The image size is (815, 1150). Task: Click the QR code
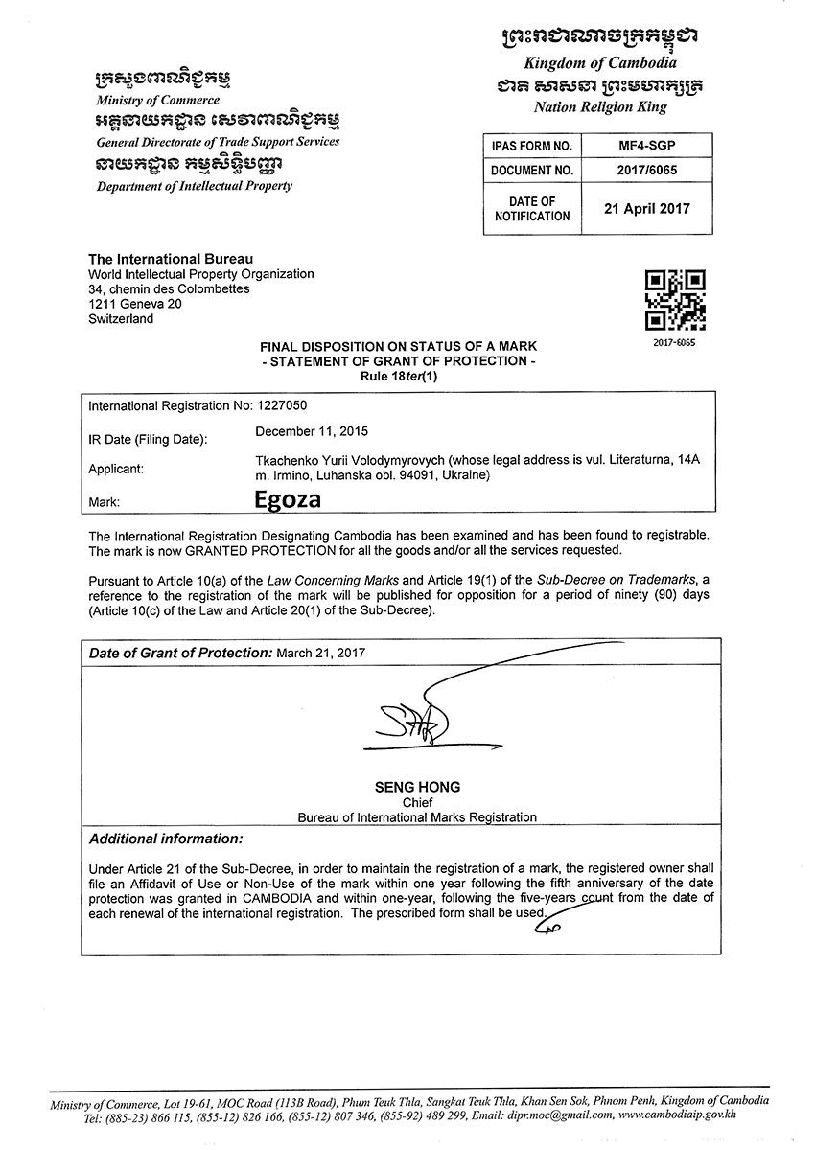click(675, 300)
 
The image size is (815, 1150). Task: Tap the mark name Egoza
click(287, 499)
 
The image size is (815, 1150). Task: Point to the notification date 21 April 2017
click(646, 208)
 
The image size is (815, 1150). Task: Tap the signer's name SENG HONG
click(417, 787)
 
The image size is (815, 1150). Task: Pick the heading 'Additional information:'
click(166, 839)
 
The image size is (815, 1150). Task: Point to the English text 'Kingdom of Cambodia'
click(599, 62)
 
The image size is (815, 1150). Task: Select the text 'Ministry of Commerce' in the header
click(157, 100)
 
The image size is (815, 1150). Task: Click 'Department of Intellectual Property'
click(194, 186)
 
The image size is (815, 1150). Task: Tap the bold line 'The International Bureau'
click(171, 259)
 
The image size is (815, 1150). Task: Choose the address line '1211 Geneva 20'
click(134, 304)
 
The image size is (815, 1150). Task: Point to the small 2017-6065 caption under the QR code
click(675, 342)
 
